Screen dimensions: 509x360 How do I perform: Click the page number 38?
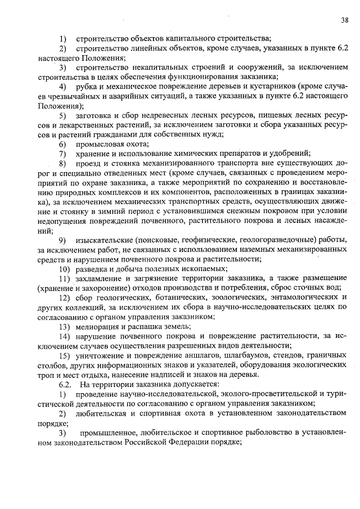tap(344, 21)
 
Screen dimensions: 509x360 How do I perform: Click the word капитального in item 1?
tap(185, 39)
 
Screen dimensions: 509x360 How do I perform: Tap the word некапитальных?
tap(152, 67)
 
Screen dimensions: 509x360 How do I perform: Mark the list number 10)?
tap(65, 269)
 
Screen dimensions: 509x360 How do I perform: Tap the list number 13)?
tap(65, 327)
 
